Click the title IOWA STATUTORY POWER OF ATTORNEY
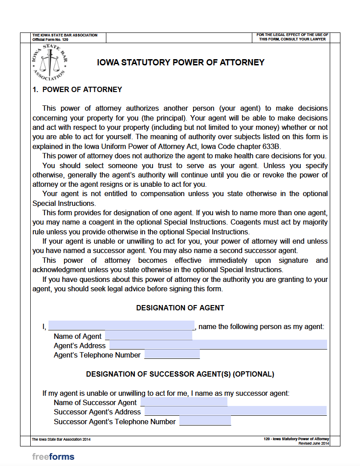pyautogui.click(x=181, y=63)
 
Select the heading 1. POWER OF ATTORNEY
pyautogui.click(x=77, y=89)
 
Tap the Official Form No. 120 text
pyautogui.click(x=50, y=40)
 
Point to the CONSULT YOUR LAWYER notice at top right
pyautogui.click(x=292, y=37)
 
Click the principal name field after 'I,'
pyautogui.click(x=121, y=326)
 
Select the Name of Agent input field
pyautogui.click(x=148, y=336)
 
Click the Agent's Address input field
pyautogui.click(x=218, y=345)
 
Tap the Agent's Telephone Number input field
pyautogui.click(x=172, y=354)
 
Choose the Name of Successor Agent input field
pyautogui.click(x=184, y=402)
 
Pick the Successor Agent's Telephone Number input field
pyautogui.click(x=205, y=421)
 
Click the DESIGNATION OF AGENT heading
pyautogui.click(x=180, y=308)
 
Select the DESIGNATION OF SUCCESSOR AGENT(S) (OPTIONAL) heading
pyautogui.click(x=180, y=374)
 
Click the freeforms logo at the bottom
pyautogui.click(x=53, y=456)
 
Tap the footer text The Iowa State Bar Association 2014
pyautogui.click(x=61, y=439)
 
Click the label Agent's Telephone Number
pyautogui.click(x=97, y=355)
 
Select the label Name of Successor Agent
pyautogui.click(x=95, y=402)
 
